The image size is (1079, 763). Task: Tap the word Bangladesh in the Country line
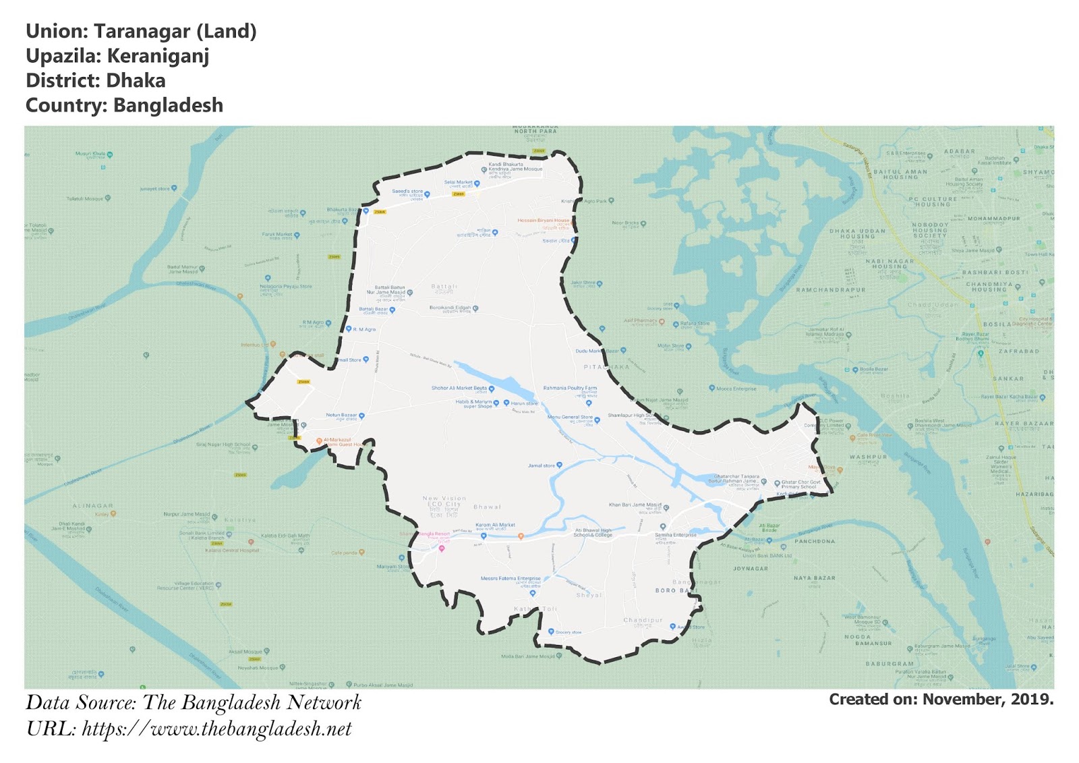pyautogui.click(x=168, y=106)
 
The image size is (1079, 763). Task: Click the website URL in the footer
pyautogui.click(x=216, y=729)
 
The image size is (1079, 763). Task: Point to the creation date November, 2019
pyautogui.click(x=987, y=699)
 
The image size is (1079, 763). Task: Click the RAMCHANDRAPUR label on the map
pyautogui.click(x=831, y=290)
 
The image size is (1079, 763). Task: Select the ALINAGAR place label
pyautogui.click(x=93, y=505)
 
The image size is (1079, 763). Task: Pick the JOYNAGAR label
pyautogui.click(x=751, y=568)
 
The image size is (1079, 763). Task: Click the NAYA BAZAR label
pyautogui.click(x=814, y=578)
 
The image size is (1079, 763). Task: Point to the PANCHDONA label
pyautogui.click(x=815, y=541)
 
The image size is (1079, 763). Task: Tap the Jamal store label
pyautogui.click(x=542, y=465)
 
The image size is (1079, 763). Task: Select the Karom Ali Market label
pyautogui.click(x=495, y=525)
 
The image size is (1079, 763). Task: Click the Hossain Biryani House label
pyautogui.click(x=544, y=221)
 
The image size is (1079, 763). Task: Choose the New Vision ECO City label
pyautogui.click(x=444, y=503)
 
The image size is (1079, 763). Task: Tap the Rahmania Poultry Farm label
pyautogui.click(x=570, y=389)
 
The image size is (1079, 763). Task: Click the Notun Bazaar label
pyautogui.click(x=341, y=416)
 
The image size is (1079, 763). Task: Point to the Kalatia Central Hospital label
pyautogui.click(x=232, y=550)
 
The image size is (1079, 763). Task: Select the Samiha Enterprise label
pyautogui.click(x=676, y=535)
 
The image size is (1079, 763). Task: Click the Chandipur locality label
pyautogui.click(x=643, y=620)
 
